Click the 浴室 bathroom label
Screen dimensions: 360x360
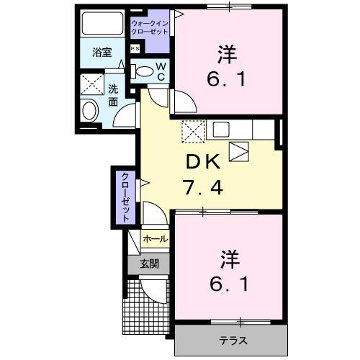102,53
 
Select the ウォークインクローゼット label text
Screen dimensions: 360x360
149,28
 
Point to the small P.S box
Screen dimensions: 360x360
135,49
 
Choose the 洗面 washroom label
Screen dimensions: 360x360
114,96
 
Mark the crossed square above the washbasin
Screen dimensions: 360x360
91,84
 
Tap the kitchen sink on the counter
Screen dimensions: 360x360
220,130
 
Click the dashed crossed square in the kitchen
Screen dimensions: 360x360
193,130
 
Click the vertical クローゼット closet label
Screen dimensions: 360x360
125,196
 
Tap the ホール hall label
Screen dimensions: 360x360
155,239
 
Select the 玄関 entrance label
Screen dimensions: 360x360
149,264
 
